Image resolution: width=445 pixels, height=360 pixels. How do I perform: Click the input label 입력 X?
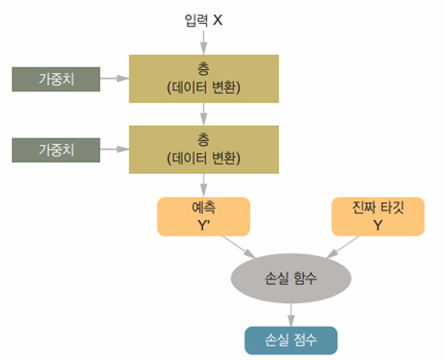203,20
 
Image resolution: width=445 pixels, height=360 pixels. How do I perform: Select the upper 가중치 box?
56,79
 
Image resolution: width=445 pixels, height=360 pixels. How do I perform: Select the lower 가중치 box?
56,150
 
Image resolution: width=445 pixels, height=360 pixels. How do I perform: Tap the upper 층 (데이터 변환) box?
204,79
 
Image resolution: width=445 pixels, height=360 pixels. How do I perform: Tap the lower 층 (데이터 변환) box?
204,149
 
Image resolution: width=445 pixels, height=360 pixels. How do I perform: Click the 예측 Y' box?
204,216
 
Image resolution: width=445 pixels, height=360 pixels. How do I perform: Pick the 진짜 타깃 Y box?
378,216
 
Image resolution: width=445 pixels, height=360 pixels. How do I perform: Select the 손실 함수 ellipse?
291,278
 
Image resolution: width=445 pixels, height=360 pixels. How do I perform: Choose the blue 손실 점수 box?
291,341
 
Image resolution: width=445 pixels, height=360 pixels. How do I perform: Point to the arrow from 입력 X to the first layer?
204,42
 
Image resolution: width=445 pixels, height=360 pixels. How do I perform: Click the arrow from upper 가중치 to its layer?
115,79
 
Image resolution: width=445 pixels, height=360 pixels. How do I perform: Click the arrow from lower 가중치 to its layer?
115,149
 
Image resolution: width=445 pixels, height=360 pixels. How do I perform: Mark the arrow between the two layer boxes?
204,114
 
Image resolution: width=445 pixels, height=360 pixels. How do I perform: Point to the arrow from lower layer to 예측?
204,185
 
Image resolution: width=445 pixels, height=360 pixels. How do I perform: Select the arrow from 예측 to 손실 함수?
239,247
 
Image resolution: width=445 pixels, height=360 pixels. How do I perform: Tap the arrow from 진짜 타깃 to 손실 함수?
342,247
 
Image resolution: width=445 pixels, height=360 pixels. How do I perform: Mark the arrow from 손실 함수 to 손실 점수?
291,315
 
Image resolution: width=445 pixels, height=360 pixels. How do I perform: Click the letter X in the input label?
217,20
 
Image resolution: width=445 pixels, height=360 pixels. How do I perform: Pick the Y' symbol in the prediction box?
204,225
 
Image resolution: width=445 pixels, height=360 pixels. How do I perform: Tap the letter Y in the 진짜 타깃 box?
378,225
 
